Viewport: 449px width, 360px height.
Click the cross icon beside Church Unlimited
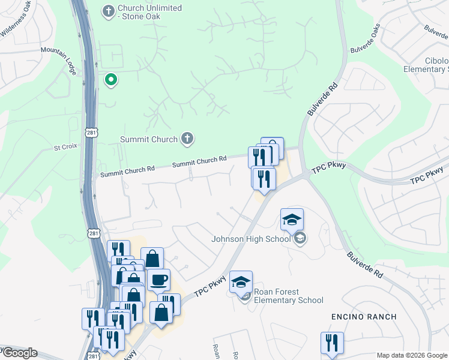click(108, 10)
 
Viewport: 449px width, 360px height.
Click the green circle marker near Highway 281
click(110, 79)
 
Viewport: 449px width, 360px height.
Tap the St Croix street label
click(66, 147)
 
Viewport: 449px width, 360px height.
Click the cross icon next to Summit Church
click(187, 139)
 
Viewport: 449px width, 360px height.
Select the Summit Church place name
click(148, 139)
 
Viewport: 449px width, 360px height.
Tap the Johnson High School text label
click(251, 239)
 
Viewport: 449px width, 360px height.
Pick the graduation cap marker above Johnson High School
click(292, 220)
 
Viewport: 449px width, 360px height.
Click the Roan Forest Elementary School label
click(289, 296)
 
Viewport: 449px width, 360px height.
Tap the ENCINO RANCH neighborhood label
click(364, 316)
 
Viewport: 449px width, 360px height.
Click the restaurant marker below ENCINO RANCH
click(332, 343)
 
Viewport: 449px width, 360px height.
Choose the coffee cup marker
click(159, 280)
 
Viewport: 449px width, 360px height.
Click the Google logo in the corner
click(19, 353)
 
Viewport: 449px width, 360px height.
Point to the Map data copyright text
click(412, 355)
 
